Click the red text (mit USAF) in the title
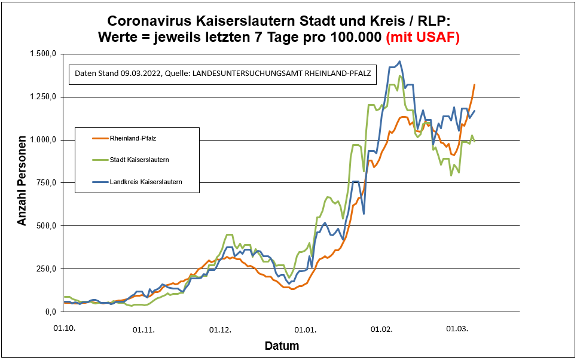point(423,37)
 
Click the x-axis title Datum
point(282,346)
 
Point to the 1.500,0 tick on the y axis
point(44,54)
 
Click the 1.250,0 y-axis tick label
point(44,97)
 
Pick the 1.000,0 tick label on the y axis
point(44,140)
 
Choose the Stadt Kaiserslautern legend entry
point(139,160)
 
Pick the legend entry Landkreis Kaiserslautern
point(145,181)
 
